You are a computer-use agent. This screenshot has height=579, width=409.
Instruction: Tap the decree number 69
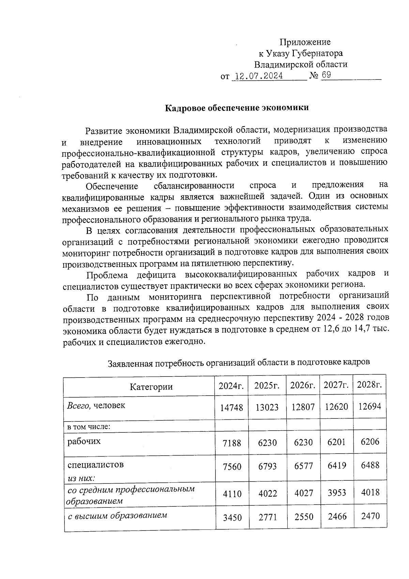coord(326,75)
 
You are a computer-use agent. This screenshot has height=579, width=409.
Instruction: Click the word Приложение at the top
coord(305,42)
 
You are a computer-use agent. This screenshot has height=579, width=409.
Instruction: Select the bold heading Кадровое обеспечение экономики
coord(237,108)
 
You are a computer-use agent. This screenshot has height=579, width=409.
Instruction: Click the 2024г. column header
coord(231,386)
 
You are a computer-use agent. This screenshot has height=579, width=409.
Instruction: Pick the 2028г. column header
coord(369,385)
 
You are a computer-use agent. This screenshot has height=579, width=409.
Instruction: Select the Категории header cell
coord(151,387)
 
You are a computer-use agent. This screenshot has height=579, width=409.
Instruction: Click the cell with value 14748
coord(232,407)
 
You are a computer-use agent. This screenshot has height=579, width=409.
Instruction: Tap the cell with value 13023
coord(267,407)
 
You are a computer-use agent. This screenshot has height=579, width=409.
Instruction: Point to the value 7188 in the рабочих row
coord(232,443)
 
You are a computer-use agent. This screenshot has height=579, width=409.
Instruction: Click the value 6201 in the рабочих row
coord(336,442)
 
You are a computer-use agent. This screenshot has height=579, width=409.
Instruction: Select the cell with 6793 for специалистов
coord(268,466)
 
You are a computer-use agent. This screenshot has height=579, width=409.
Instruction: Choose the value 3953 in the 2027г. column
coord(337,493)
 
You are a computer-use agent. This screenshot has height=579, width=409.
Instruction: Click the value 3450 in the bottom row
coord(232,518)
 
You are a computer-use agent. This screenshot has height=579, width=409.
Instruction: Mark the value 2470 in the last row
coord(370,516)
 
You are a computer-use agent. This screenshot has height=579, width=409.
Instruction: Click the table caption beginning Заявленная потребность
coord(239,363)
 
